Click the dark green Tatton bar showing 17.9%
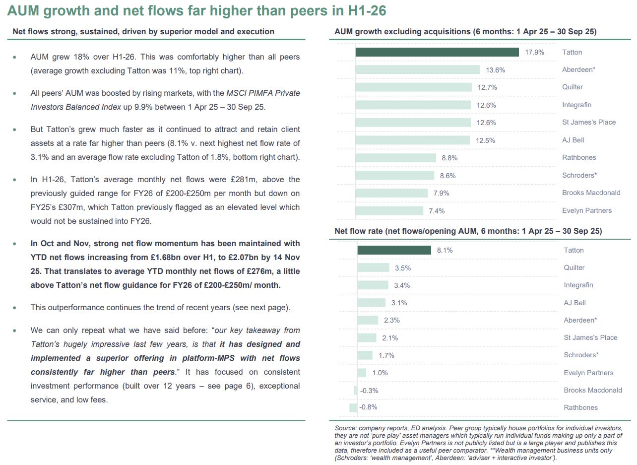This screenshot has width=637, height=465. point(437,52)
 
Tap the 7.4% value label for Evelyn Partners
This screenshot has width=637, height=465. point(437,211)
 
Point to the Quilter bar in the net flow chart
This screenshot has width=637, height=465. point(373,268)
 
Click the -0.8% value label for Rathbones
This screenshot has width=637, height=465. point(369,407)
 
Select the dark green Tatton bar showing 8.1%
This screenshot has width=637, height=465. point(394,250)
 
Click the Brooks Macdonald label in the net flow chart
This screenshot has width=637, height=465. point(592,390)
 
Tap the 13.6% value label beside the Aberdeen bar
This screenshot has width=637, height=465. point(495,70)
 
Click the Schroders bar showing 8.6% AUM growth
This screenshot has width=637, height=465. point(395,175)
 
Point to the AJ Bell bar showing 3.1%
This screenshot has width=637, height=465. point(371,303)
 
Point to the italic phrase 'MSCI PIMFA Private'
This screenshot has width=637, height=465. point(263,93)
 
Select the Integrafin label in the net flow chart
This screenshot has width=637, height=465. point(578,285)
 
